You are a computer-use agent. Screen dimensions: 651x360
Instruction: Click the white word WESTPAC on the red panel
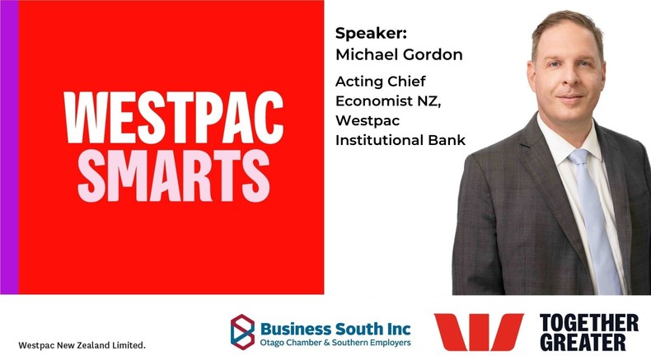point(174,118)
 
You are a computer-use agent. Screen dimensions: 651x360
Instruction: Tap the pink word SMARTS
point(174,176)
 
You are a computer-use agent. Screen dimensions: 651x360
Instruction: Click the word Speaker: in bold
point(371,34)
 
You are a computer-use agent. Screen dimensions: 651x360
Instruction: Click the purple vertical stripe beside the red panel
point(9,147)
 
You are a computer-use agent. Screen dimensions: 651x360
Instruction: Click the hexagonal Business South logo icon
point(242,332)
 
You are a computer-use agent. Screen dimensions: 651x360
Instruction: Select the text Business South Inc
point(335,329)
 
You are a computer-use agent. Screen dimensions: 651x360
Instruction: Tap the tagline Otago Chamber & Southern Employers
point(335,343)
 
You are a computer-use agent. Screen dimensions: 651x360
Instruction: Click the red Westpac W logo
point(479,332)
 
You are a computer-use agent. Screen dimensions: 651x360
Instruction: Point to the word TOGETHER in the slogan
point(588,323)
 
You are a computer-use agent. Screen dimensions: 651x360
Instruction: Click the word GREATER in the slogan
point(583,342)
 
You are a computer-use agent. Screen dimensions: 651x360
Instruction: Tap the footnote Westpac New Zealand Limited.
point(82,345)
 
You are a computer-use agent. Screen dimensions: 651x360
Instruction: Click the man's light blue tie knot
point(579,157)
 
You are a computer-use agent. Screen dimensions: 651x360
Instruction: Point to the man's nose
point(569,80)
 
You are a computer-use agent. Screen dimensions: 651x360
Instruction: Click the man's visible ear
point(531,79)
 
